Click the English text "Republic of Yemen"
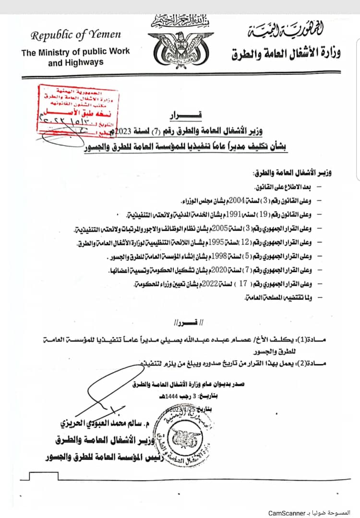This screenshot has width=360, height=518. [76, 35]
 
